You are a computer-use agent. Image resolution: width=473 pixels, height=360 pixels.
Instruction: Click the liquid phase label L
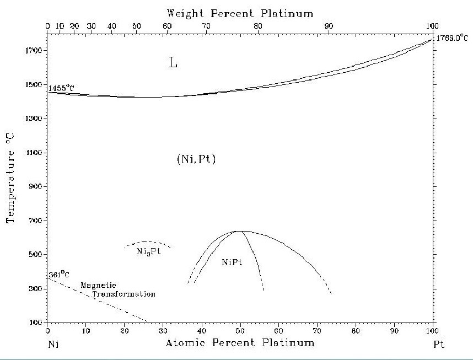point(173,63)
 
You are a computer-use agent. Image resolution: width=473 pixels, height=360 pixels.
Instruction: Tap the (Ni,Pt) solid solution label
point(192,160)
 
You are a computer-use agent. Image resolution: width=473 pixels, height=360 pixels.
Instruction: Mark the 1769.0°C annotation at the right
point(452,39)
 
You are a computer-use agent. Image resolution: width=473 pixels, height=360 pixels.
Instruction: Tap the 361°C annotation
point(58,273)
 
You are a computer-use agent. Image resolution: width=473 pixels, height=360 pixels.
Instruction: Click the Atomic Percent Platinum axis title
point(240,343)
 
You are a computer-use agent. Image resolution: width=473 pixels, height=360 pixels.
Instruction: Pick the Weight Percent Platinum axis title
point(240,12)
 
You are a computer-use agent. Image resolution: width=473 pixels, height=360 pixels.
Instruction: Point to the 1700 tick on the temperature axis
point(37,51)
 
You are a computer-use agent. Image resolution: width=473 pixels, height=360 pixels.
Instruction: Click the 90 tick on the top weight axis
point(329,25)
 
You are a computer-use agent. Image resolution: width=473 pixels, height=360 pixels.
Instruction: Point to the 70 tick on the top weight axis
point(206,25)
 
